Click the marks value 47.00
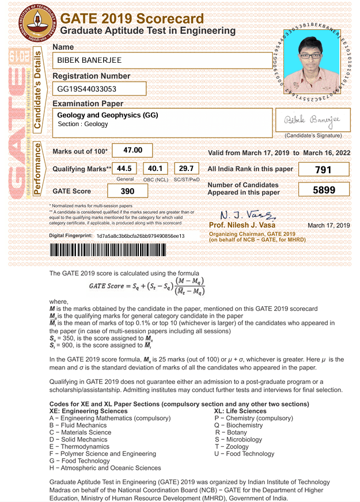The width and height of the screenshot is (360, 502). [132, 151]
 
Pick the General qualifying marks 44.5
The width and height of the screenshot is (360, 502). [124, 169]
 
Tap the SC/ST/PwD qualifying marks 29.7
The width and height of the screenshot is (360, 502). [186, 169]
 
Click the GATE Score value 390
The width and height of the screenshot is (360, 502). [127, 191]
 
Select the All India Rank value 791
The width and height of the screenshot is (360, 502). [324, 169]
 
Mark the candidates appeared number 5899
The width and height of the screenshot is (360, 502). [324, 190]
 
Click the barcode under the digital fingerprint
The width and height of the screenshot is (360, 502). [122, 250]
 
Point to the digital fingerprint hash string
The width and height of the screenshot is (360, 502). [141, 236]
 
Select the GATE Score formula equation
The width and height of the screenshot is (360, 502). [147, 286]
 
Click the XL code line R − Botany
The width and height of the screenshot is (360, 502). [230, 432]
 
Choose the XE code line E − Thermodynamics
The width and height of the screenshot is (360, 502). [79, 446]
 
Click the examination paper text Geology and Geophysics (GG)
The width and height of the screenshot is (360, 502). [107, 115]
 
